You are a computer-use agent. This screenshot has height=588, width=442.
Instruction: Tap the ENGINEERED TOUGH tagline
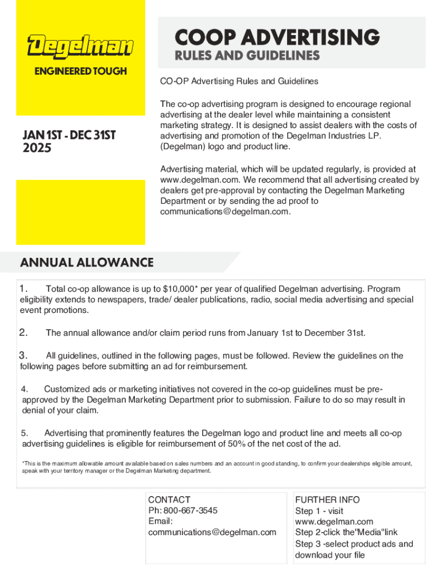coord(80,71)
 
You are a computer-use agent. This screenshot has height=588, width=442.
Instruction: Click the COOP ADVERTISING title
coord(277,38)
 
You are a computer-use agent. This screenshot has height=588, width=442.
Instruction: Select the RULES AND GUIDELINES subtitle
coord(247,56)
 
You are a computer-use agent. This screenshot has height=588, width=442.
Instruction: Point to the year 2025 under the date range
coord(37,148)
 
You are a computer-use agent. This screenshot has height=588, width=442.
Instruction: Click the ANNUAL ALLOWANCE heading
coord(87,263)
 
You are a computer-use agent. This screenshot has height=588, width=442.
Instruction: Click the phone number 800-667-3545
coord(191,510)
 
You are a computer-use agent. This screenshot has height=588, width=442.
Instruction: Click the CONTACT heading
coord(169,500)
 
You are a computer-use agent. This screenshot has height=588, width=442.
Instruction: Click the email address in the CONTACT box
coord(212,532)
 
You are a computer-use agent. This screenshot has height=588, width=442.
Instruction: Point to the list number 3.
coord(24,355)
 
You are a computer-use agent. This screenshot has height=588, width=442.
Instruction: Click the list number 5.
coord(25,433)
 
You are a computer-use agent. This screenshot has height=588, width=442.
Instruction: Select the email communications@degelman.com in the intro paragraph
coord(225,212)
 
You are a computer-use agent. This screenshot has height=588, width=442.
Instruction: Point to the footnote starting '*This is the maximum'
coord(216,467)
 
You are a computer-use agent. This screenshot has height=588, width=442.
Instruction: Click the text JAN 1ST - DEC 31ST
coord(69,136)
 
